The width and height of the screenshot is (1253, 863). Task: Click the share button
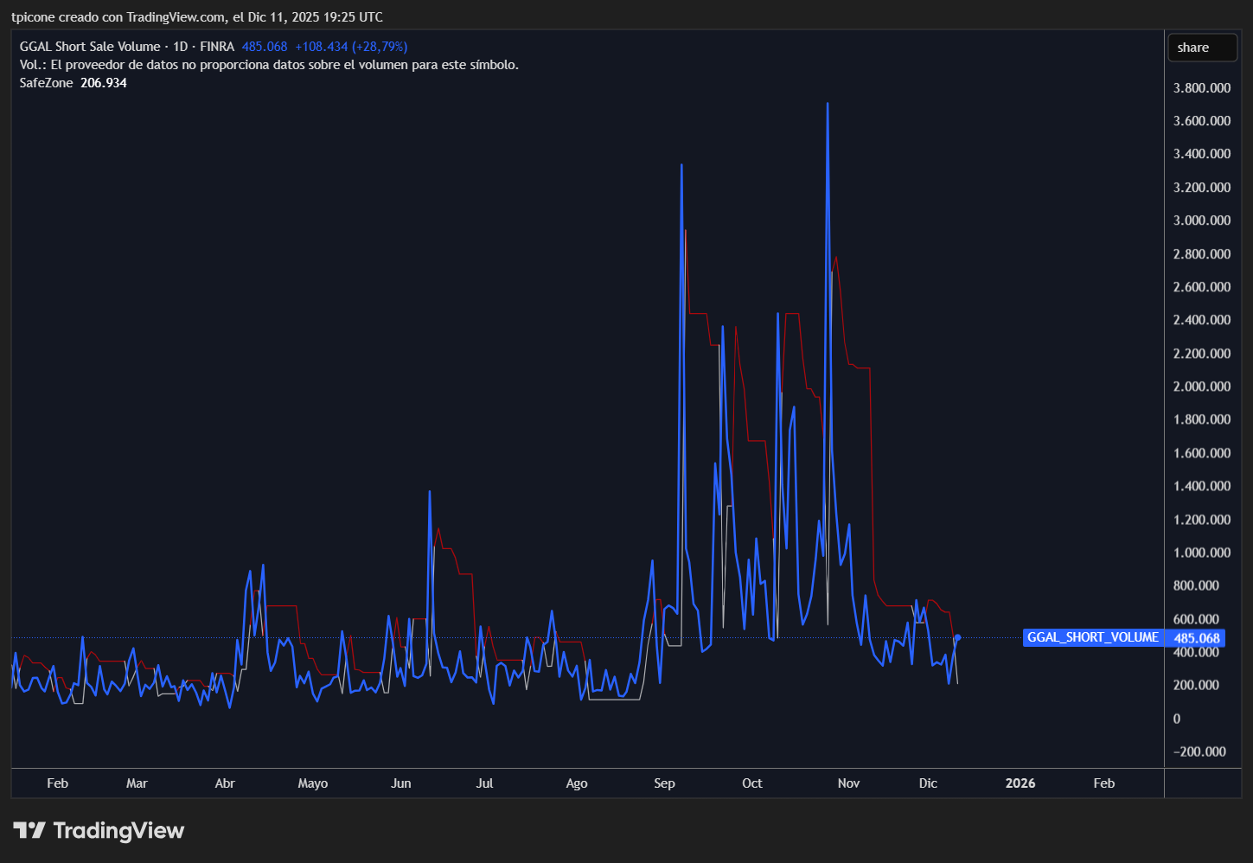click(x=1202, y=48)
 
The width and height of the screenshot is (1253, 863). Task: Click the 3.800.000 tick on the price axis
click(x=1201, y=87)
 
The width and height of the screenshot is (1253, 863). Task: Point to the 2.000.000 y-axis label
click(x=1201, y=387)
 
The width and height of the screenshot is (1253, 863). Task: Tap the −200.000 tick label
click(x=1199, y=751)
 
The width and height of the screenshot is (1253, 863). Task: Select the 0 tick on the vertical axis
click(x=1177, y=719)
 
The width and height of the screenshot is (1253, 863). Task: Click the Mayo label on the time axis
click(x=313, y=783)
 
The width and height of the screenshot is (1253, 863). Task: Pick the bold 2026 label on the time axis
click(x=1020, y=783)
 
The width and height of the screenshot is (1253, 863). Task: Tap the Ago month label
click(x=577, y=783)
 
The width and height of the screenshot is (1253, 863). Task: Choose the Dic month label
click(x=928, y=783)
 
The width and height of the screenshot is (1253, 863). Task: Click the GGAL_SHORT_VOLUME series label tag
click(x=1092, y=637)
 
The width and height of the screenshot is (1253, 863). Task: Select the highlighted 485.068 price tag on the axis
click(x=1197, y=638)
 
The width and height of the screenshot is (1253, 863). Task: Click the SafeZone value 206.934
click(x=104, y=83)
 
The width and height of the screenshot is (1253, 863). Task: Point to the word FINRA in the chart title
click(x=217, y=47)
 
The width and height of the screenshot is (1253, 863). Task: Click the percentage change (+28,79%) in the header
click(x=380, y=47)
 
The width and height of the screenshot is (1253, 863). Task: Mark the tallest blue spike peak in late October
click(x=828, y=104)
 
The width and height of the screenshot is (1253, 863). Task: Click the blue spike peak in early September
click(x=681, y=164)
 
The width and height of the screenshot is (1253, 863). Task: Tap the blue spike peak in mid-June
click(x=430, y=491)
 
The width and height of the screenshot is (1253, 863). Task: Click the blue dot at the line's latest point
click(x=957, y=638)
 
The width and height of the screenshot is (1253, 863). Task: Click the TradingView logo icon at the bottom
click(x=29, y=831)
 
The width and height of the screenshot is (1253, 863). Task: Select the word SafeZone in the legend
click(x=46, y=83)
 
